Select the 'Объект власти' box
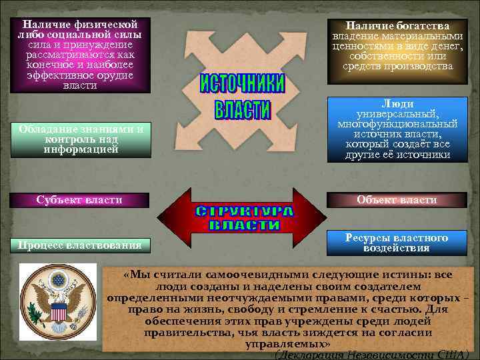pyautogui.click(x=397, y=200)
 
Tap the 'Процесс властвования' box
pyautogui.click(x=79, y=245)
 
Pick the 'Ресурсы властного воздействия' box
pyautogui.click(x=397, y=243)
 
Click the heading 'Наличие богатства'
pyautogui.click(x=397, y=25)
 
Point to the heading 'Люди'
pyautogui.click(x=397, y=103)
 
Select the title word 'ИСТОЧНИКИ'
pyautogui.click(x=242, y=84)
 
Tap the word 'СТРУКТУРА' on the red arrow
pyautogui.click(x=244, y=212)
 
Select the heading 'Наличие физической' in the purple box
pyautogui.click(x=75, y=24)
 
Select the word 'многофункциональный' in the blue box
pyautogui.click(x=397, y=124)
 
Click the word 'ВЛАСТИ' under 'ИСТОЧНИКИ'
pyautogui.click(x=242, y=110)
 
